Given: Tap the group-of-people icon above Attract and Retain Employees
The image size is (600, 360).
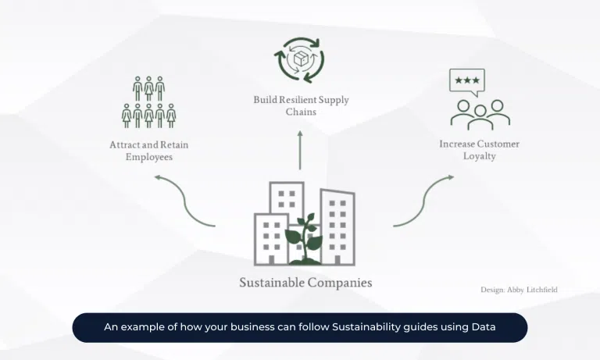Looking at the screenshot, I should (148, 102).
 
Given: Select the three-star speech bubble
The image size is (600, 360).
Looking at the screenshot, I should (467, 81).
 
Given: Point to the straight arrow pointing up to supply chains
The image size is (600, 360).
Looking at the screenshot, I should (299, 151).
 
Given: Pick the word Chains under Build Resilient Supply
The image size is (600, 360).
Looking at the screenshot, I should (300, 112).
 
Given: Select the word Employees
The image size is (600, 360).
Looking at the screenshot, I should (149, 157).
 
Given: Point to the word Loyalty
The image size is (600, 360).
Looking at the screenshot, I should (479, 156).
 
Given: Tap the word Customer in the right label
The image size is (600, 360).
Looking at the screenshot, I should (498, 144).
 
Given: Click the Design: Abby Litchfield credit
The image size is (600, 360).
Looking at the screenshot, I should (519, 290).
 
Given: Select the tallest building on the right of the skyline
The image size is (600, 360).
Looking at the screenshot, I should (337, 226).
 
